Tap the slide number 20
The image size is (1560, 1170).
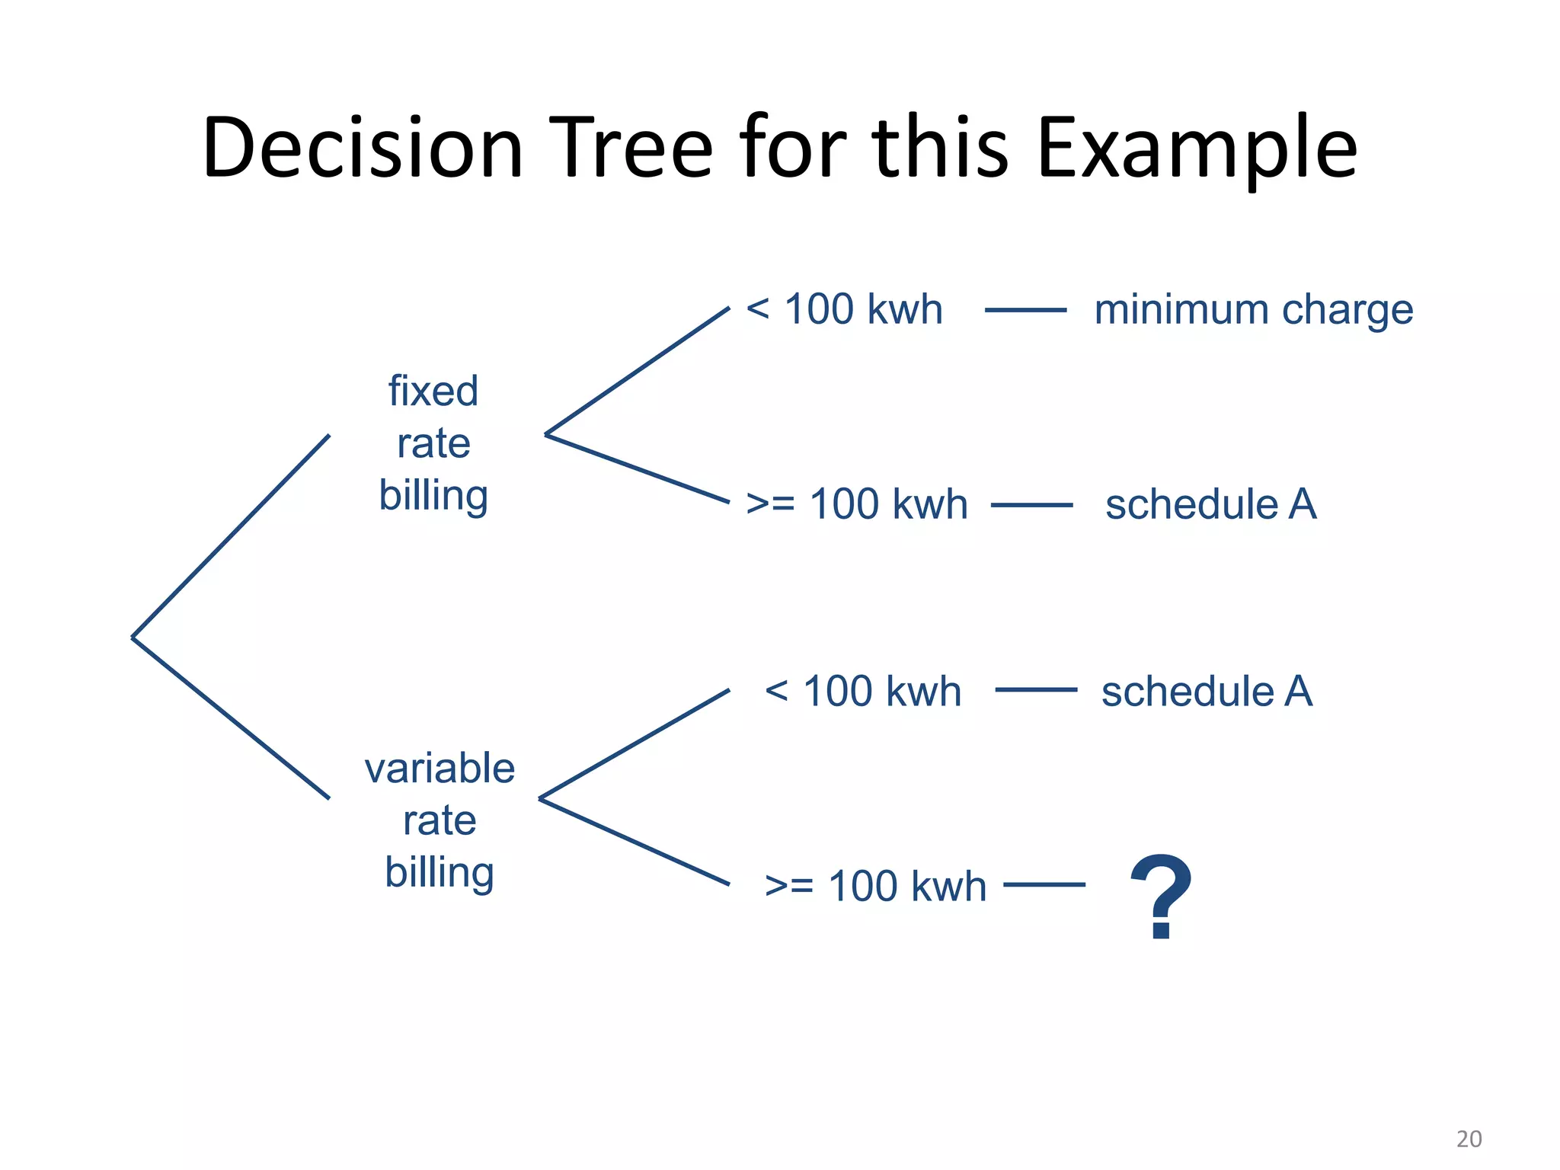click(1469, 1139)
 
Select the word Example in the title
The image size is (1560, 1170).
click(1197, 149)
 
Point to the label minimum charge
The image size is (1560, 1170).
click(1254, 310)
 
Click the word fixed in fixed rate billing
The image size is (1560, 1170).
click(433, 391)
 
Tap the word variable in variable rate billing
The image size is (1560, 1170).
click(440, 768)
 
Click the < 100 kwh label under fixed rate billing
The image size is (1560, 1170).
click(844, 309)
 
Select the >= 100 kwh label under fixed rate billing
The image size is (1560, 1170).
click(857, 504)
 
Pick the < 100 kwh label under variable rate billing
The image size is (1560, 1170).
click(863, 692)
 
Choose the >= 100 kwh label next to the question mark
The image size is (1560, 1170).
click(875, 886)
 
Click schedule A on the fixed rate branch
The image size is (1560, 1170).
click(1210, 504)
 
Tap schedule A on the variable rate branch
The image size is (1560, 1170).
click(1207, 692)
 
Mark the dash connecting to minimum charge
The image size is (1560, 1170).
click(1025, 310)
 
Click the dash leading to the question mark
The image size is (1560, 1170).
click(1044, 885)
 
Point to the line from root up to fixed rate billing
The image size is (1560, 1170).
click(231, 536)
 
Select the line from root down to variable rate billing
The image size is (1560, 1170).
click(231, 718)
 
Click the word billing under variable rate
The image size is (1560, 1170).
click(440, 872)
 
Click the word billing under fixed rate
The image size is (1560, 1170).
click(433, 496)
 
